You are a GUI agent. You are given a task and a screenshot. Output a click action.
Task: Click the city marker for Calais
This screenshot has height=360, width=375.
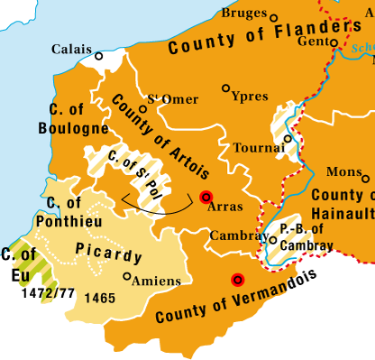[x=99, y=56]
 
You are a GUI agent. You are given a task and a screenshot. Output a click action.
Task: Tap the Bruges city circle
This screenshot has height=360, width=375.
[x=274, y=16]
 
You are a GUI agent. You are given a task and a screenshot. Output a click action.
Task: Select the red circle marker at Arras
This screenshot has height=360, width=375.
[x=206, y=198]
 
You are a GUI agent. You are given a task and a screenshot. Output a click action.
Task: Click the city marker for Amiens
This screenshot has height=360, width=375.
[x=126, y=277]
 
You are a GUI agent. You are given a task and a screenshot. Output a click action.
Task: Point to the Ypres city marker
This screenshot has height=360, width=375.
[x=225, y=88]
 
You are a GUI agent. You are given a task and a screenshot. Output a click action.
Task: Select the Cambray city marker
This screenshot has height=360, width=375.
[x=273, y=239]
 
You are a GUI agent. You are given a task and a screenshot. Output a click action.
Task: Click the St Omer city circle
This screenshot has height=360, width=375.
[x=142, y=109]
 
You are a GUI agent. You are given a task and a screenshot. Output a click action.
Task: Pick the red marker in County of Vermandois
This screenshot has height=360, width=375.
[x=236, y=280]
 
